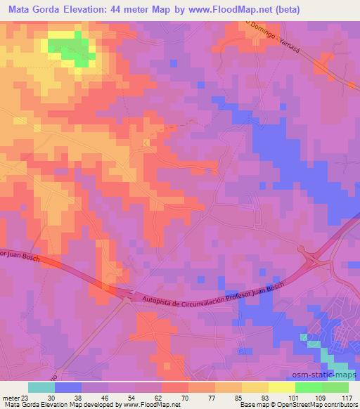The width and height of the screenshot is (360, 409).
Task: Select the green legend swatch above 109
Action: tap(309, 387)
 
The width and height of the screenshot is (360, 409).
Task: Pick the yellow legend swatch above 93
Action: tap(255, 387)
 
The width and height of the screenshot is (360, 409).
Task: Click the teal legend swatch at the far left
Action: tap(41, 387)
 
